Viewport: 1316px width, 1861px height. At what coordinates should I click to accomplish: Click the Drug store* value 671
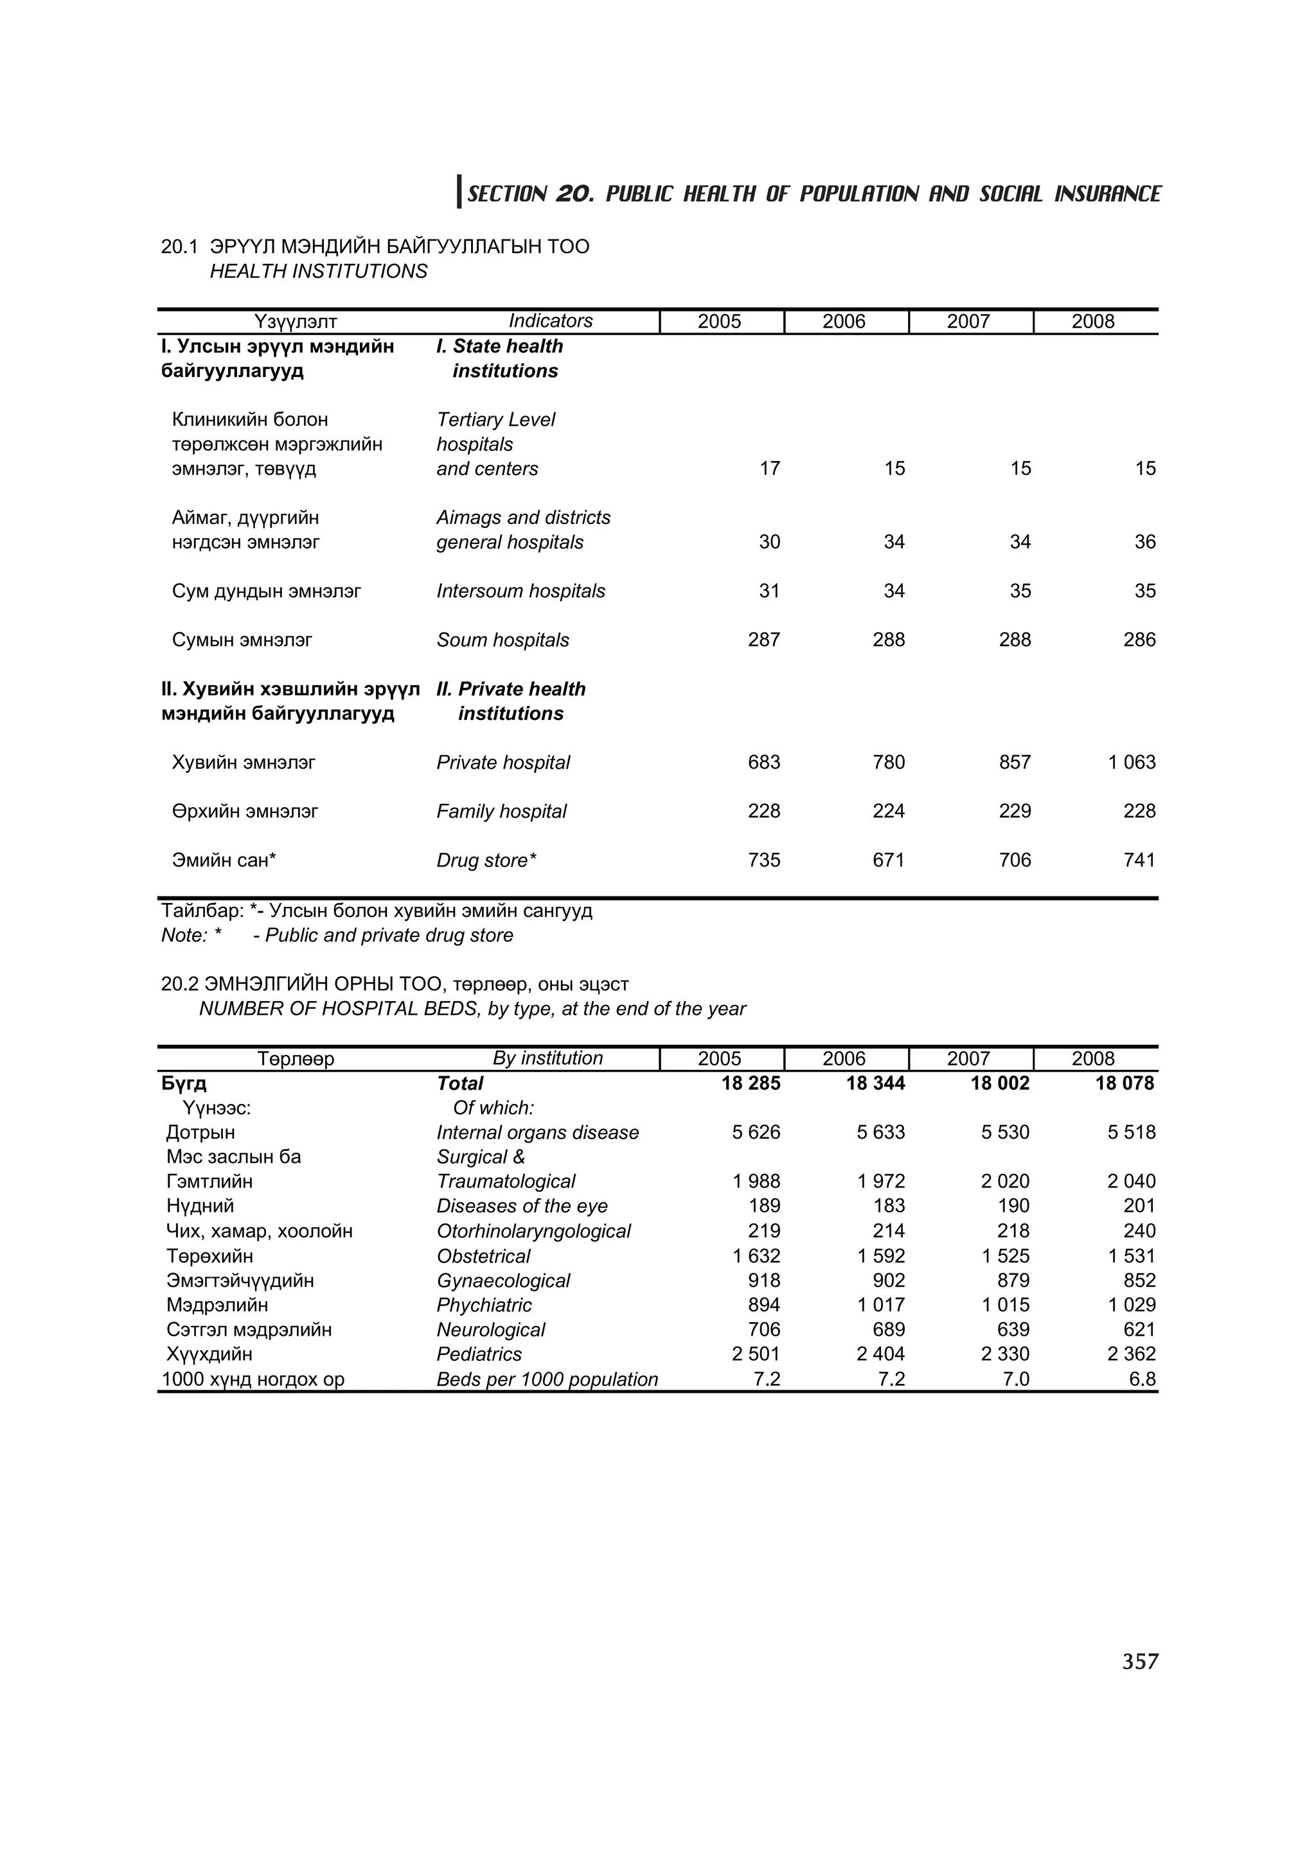pos(888,860)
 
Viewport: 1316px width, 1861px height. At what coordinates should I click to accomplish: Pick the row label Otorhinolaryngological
pos(533,1230)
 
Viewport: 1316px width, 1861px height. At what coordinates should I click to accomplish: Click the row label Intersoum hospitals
pos(520,591)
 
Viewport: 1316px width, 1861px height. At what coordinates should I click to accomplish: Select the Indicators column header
pos(550,321)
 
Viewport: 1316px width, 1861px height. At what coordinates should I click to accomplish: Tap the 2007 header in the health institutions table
pos(968,322)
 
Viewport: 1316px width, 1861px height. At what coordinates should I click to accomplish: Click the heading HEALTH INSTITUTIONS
pos(318,272)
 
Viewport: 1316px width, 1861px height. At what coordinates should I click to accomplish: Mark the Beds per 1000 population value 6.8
pos(1142,1379)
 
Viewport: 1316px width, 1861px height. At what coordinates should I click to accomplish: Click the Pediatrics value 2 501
pos(755,1354)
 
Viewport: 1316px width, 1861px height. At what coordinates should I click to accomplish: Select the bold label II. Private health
pos(511,689)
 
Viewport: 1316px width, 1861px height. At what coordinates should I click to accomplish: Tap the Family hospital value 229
pos(1015,811)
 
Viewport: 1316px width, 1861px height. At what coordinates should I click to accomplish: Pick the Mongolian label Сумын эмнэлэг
pos(242,640)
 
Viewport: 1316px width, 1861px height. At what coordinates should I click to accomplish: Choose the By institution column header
pos(547,1058)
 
